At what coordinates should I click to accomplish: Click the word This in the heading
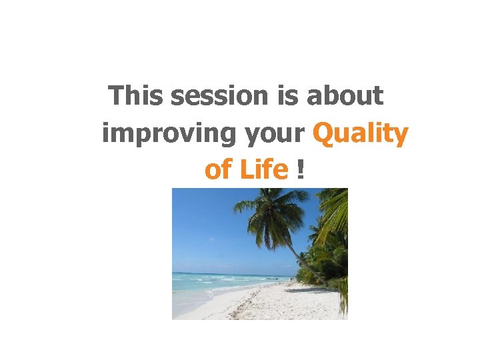point(136,96)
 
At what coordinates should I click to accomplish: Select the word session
point(218,96)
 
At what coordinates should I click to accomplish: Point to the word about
point(345,96)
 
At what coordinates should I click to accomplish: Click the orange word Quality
point(360,134)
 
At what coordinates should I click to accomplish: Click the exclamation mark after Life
point(301,170)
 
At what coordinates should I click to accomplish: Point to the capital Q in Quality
point(322,133)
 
